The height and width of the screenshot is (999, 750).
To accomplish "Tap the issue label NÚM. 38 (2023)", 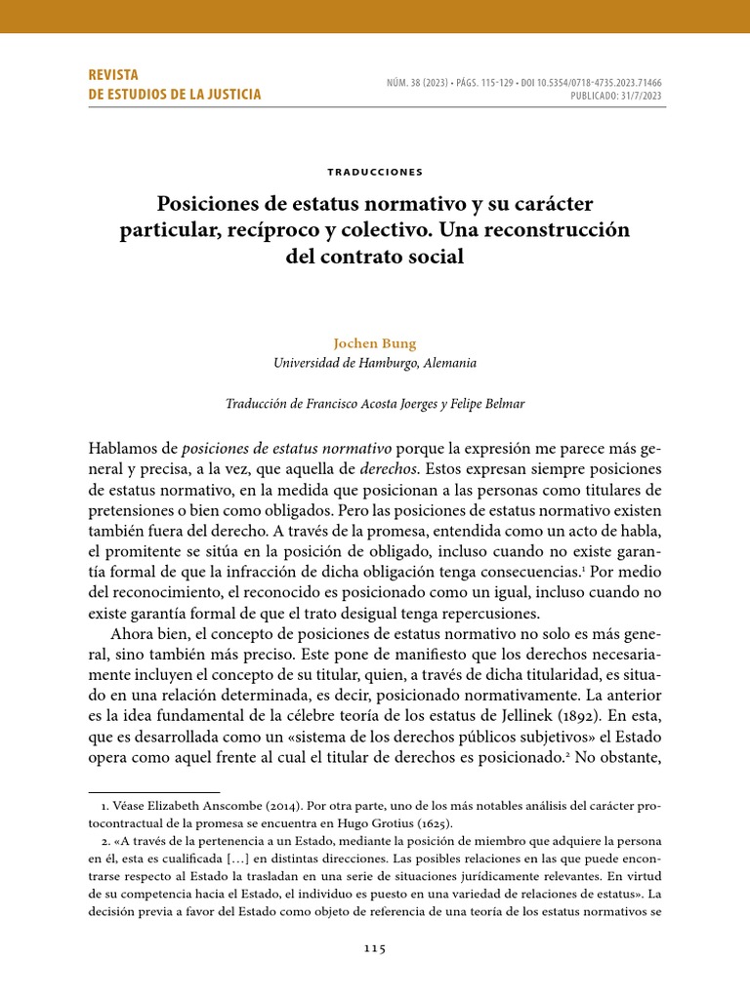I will tap(408, 83).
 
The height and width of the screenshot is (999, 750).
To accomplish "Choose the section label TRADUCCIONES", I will tap(375, 172).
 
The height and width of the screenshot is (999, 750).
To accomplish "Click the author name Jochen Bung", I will tap(375, 344).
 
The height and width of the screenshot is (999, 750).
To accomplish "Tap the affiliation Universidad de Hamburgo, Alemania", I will tap(375, 363).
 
